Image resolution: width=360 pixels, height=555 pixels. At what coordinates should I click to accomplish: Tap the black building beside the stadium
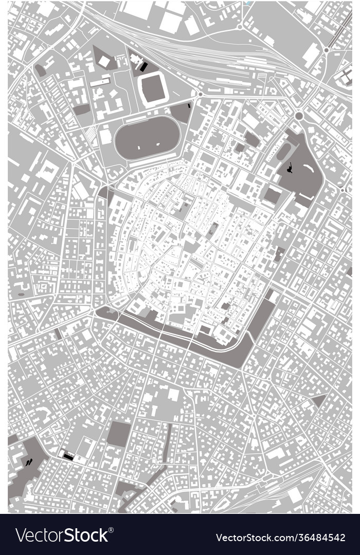[x=143, y=66]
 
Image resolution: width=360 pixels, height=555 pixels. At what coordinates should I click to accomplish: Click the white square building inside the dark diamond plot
[x=104, y=61]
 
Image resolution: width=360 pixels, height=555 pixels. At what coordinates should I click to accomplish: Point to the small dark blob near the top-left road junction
[x=40, y=70]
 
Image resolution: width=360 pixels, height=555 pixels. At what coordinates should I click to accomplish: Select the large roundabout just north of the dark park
[x=298, y=116]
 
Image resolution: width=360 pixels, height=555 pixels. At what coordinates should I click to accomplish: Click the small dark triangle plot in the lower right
[x=319, y=400]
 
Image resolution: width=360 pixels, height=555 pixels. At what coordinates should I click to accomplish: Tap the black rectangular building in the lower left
[x=67, y=455]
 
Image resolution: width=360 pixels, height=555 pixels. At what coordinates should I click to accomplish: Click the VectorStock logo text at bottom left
[x=62, y=535]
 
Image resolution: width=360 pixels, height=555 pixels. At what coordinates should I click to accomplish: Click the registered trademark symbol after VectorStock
[x=111, y=530]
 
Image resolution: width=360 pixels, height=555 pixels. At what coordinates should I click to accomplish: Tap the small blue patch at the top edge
[x=249, y=3]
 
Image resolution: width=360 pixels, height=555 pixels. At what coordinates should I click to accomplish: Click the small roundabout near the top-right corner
[x=326, y=50]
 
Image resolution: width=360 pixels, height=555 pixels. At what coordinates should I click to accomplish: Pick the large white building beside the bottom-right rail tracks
[x=295, y=495]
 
